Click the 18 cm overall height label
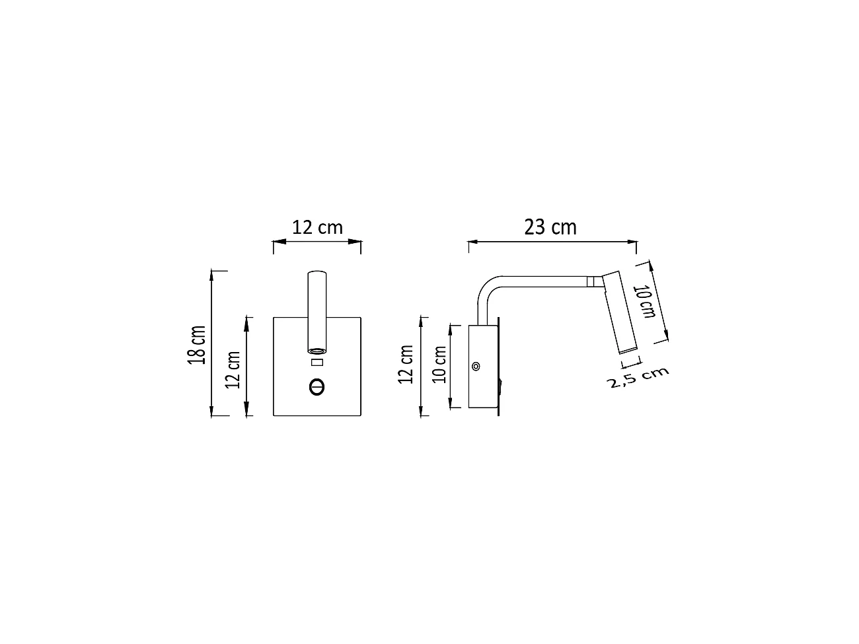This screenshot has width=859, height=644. pyautogui.click(x=198, y=344)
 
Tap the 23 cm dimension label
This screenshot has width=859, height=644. pyautogui.click(x=550, y=227)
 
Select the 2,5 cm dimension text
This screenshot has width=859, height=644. pyautogui.click(x=638, y=378)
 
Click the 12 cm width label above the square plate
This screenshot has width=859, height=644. pyautogui.click(x=318, y=227)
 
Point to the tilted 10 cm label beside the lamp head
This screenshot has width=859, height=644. pyautogui.click(x=645, y=301)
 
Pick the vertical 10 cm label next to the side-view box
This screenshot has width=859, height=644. pyautogui.click(x=439, y=364)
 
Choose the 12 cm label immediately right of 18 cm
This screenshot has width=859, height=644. pyautogui.click(x=233, y=369)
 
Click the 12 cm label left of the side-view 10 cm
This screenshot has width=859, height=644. pyautogui.click(x=406, y=364)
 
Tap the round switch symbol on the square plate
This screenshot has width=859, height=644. pyautogui.click(x=317, y=386)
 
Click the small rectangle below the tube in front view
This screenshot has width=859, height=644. pyautogui.click(x=317, y=362)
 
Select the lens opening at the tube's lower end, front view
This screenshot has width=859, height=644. pyautogui.click(x=317, y=349)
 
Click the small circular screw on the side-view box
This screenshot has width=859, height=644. pyautogui.click(x=476, y=366)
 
